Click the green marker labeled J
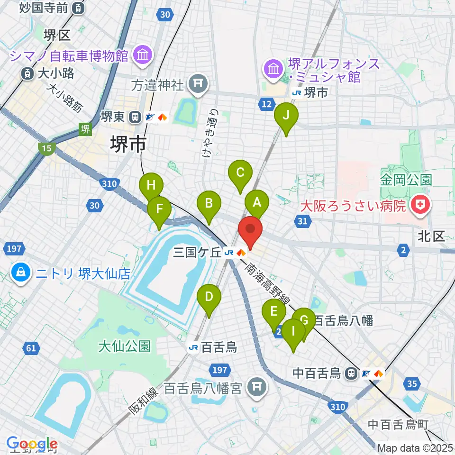(x=286, y=115)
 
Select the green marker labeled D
(x=209, y=297)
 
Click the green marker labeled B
(x=209, y=204)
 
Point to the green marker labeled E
(x=274, y=312)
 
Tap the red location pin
(x=250, y=231)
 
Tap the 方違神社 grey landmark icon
(x=198, y=84)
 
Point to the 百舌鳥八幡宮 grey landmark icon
(x=256, y=389)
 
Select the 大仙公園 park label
(x=124, y=346)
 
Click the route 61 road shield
(x=31, y=349)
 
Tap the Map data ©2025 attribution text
(x=415, y=447)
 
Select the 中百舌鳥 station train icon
(x=351, y=373)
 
